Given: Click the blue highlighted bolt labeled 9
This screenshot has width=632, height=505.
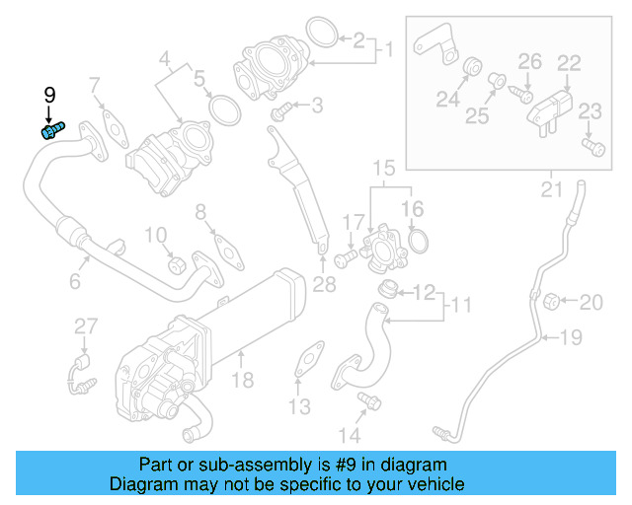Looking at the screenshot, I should pyautogui.click(x=50, y=130).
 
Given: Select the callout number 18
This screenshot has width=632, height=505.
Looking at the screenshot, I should pyautogui.click(x=243, y=380).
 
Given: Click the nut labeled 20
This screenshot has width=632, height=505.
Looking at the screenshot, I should pyautogui.click(x=554, y=299).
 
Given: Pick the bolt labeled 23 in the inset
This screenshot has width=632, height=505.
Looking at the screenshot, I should pyautogui.click(x=592, y=147).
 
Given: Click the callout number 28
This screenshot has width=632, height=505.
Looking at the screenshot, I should pyautogui.click(x=324, y=284).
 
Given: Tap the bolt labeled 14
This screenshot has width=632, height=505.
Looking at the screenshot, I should pyautogui.click(x=370, y=400).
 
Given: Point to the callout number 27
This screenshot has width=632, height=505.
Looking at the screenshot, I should pyautogui.click(x=87, y=326).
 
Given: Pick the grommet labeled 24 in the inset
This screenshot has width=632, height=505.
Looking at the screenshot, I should pyautogui.click(x=472, y=68).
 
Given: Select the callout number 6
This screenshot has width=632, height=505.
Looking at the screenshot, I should pyautogui.click(x=74, y=282).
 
